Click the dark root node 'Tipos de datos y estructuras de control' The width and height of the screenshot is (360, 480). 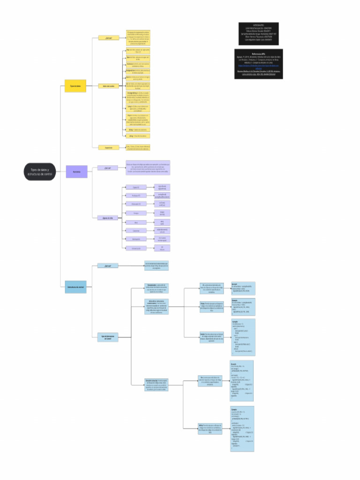40,172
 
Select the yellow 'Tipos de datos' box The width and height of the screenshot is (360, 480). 75,86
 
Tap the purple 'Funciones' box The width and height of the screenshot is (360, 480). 76,172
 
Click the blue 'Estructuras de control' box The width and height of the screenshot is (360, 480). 75,286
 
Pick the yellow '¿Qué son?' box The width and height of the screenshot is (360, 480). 108,37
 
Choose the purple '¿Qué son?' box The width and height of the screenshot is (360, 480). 107,167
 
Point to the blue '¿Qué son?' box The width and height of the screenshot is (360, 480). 108,265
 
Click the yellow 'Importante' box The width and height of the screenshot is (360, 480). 108,147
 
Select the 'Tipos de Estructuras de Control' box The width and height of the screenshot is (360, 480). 108,337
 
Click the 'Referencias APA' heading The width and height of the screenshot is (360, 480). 259,54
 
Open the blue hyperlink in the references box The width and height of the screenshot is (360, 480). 259,67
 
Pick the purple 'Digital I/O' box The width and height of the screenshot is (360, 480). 135,187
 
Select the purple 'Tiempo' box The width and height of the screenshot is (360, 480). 135,213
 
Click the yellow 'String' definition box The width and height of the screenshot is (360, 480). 138,129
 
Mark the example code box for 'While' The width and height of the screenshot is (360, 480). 242,428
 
